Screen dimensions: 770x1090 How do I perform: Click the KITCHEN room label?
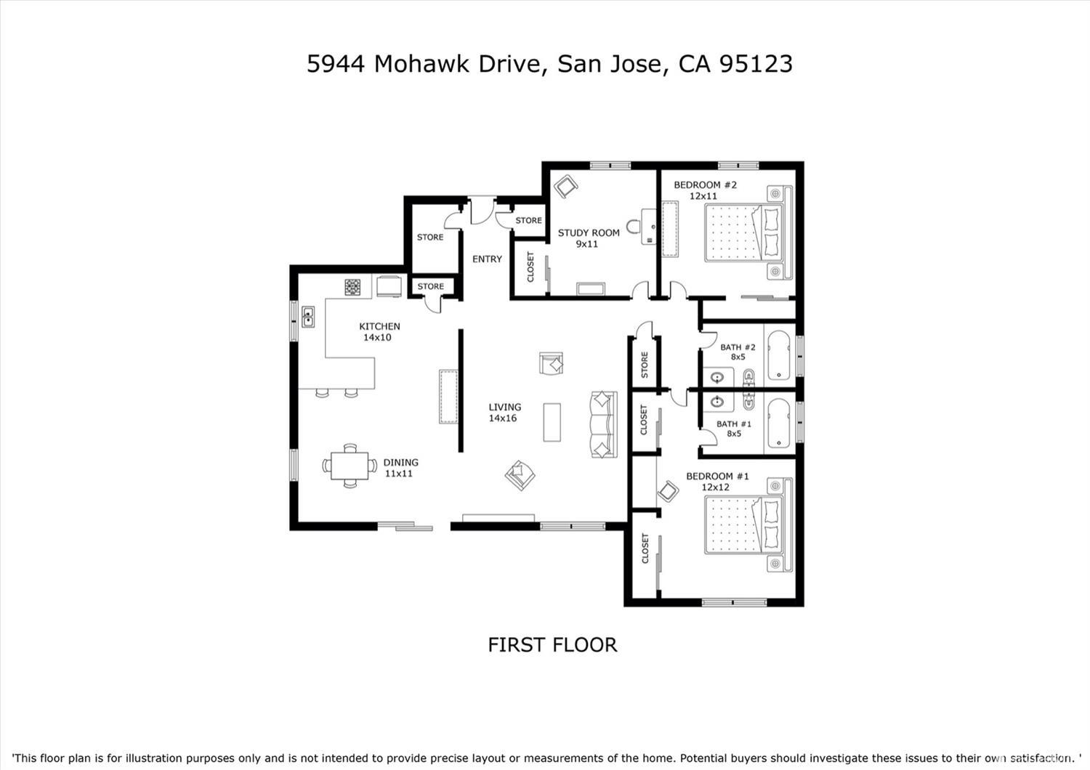click(379, 326)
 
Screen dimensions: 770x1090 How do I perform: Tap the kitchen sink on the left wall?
click(307, 317)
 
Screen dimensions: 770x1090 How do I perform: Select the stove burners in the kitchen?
click(352, 287)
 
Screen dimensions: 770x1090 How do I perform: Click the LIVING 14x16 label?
click(504, 413)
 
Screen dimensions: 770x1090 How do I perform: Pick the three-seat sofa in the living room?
click(603, 424)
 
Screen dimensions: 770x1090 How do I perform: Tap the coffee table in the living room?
click(552, 422)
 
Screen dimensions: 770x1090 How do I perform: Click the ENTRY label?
click(487, 259)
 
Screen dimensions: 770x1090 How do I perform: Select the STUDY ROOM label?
click(589, 233)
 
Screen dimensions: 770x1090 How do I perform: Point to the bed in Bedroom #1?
click(743, 524)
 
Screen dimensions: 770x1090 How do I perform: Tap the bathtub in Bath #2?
click(779, 355)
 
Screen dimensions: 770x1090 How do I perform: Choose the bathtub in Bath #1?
click(779, 422)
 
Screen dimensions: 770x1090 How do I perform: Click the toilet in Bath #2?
click(748, 377)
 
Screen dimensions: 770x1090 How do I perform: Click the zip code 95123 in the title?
click(756, 64)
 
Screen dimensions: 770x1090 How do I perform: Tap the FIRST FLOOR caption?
click(552, 645)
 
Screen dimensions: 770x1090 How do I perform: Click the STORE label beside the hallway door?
click(644, 365)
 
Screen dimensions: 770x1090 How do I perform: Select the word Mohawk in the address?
click(422, 64)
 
